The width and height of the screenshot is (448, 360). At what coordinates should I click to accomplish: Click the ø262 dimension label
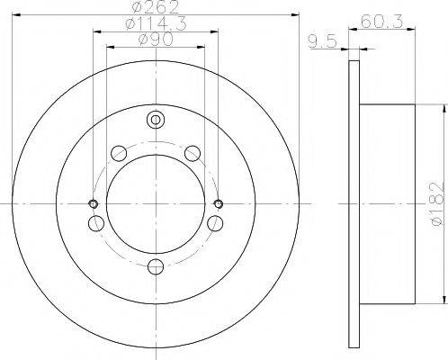(x=156, y=7)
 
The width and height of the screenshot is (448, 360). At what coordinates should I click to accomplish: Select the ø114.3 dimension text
(x=156, y=23)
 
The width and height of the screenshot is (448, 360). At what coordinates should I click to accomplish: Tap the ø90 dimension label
(x=156, y=40)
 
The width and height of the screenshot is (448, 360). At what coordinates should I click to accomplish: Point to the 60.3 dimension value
(x=381, y=22)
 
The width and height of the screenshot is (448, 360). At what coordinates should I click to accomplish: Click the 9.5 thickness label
(x=323, y=41)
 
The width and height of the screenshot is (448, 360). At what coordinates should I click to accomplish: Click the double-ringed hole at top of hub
(x=156, y=120)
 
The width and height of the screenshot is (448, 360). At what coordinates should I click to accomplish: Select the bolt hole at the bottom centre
(x=157, y=266)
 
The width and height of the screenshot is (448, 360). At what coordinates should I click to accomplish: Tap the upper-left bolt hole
(x=119, y=153)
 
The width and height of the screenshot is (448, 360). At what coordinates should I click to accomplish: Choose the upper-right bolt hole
(x=193, y=153)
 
